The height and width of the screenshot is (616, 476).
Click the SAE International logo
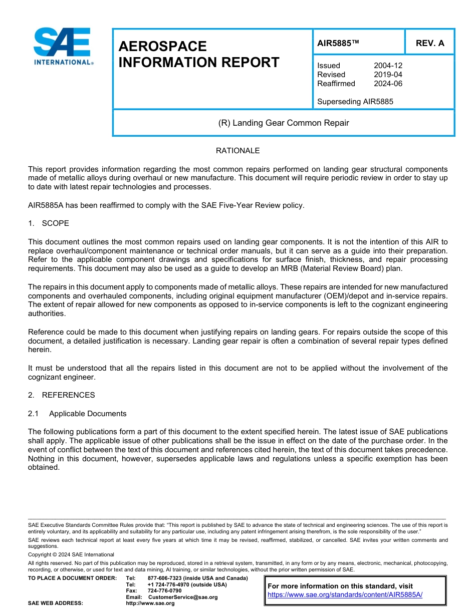pyautogui.click(x=62, y=47)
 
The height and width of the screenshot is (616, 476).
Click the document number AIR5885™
pyautogui.click(x=338, y=43)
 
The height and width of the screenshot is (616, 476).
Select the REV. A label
pyautogui.click(x=429, y=43)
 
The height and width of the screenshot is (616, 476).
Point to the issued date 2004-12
pyautogui.click(x=388, y=66)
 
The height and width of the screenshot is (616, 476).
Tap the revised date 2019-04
pyautogui.click(x=388, y=75)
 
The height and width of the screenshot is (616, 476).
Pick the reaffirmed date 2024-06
pyautogui.click(x=388, y=84)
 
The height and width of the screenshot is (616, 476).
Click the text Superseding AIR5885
pyautogui.click(x=355, y=102)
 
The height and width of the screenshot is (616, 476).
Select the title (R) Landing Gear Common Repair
pyautogui.click(x=284, y=123)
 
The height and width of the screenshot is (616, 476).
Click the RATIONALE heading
pyautogui.click(x=237, y=151)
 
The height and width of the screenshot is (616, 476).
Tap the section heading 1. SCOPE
pyautogui.click(x=49, y=223)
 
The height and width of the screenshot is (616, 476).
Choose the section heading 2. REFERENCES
pyautogui.click(x=61, y=395)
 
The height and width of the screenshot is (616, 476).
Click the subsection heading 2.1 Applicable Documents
pyautogui.click(x=77, y=414)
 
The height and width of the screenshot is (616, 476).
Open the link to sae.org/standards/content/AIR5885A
pyautogui.click(x=345, y=594)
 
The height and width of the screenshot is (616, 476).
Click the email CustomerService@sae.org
pyautogui.click(x=183, y=597)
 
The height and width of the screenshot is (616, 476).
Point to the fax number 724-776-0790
pyautogui.click(x=164, y=590)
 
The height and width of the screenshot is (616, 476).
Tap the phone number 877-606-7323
pyautogui.click(x=165, y=578)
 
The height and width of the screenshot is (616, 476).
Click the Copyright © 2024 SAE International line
pyautogui.click(x=71, y=554)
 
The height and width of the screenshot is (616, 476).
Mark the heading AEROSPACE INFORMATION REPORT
pyautogui.click(x=198, y=54)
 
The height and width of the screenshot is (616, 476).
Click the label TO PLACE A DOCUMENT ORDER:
pyautogui.click(x=72, y=578)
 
